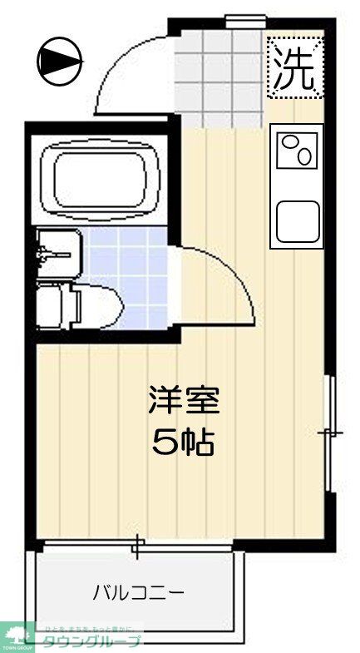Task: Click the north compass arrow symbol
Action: tap(59, 60)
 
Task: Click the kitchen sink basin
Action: tap(298, 221)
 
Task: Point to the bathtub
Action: tap(104, 176)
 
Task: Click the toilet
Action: tap(62, 304)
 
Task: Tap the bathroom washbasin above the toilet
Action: tap(58, 253)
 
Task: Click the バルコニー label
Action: tap(138, 593)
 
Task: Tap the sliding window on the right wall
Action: tap(332, 433)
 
